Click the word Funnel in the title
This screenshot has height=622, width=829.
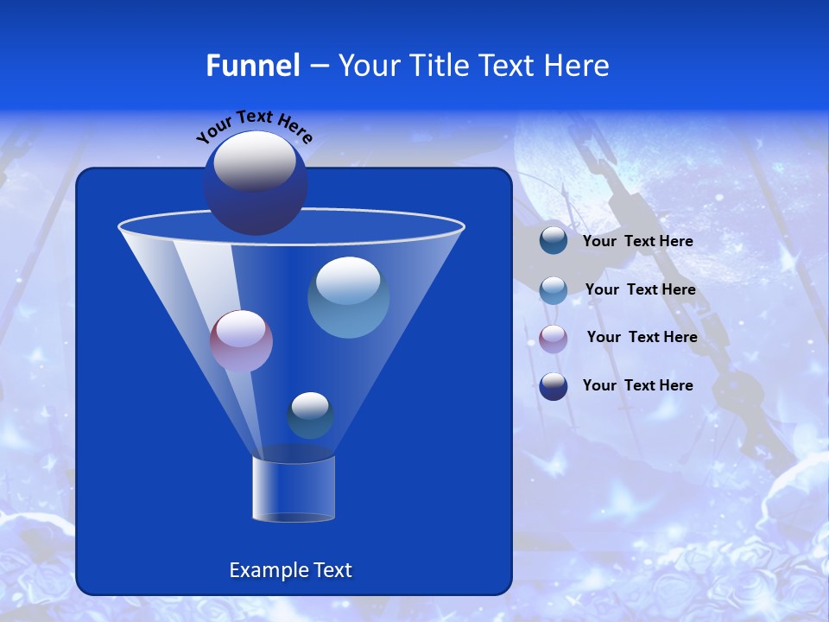pyautogui.click(x=253, y=66)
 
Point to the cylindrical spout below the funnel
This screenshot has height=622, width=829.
pyautogui.click(x=294, y=489)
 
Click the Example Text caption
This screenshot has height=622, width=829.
pyautogui.click(x=291, y=570)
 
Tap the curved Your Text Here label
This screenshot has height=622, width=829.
pyautogui.click(x=254, y=125)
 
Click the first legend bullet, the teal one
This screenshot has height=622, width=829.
pyautogui.click(x=554, y=241)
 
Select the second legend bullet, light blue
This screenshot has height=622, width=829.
pyautogui.click(x=554, y=290)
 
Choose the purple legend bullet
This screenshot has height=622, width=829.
pyautogui.click(x=554, y=338)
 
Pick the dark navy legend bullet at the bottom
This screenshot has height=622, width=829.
pyautogui.click(x=554, y=386)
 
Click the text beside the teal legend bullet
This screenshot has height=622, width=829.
pyautogui.click(x=637, y=242)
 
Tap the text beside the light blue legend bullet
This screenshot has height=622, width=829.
pyautogui.click(x=640, y=290)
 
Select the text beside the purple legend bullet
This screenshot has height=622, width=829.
pyautogui.click(x=642, y=338)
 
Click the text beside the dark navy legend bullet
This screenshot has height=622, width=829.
pyautogui.click(x=637, y=386)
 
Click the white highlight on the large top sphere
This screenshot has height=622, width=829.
pyautogui.click(x=255, y=161)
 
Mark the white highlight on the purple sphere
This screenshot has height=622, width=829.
pyautogui.click(x=241, y=329)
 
